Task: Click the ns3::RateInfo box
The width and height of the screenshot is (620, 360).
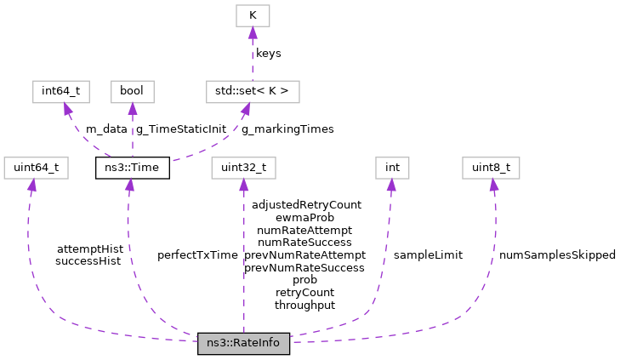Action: coord(244,344)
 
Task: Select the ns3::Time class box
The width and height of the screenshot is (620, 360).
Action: coord(132,168)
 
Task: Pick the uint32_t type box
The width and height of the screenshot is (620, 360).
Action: coord(244,168)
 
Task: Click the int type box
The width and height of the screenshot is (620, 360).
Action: coord(392,168)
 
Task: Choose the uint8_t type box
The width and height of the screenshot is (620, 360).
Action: coord(491,168)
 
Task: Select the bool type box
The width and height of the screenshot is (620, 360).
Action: coord(132,91)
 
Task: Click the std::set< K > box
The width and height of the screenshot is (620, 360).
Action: coord(252,91)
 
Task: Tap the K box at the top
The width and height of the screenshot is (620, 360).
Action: coord(252,15)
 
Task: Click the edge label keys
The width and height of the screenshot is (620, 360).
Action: coord(269,54)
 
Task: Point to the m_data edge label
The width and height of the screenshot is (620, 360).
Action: coord(106,129)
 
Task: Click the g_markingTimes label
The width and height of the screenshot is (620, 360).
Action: coord(287,129)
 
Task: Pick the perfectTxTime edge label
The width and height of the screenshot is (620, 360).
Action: coord(197,255)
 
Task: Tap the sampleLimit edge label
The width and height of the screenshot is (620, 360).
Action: coord(428,255)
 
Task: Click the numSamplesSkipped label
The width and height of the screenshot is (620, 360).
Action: coord(557,255)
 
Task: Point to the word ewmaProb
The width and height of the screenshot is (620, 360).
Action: coord(304,218)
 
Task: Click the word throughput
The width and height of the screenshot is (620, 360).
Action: coord(304,305)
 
